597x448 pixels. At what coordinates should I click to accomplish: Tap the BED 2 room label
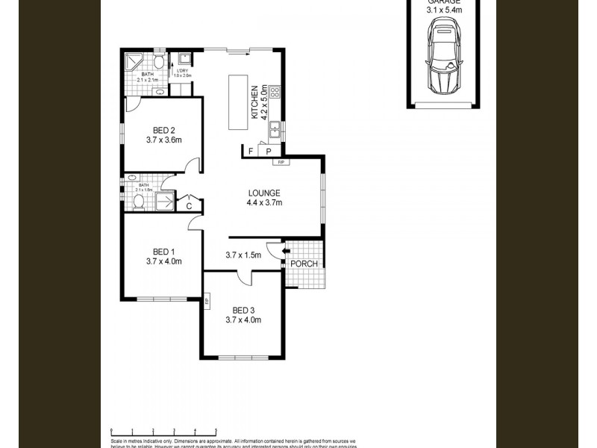(163, 129)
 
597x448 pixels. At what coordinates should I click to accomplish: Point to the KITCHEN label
(254, 102)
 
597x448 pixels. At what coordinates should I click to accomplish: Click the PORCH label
(304, 264)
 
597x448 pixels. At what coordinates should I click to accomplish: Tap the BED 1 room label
(163, 251)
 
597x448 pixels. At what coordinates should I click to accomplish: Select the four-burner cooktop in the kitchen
(275, 93)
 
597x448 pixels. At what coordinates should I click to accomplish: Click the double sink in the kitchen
(275, 130)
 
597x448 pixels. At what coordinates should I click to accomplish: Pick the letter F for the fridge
(251, 152)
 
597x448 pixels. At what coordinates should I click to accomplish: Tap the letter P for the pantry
(268, 152)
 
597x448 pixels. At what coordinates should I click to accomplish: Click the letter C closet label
(189, 205)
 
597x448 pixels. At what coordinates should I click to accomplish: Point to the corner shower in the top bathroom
(134, 62)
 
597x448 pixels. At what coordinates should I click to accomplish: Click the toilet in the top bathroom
(160, 61)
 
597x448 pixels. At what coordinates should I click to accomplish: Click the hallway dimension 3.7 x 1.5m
(243, 255)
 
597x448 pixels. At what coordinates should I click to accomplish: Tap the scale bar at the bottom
(163, 431)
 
